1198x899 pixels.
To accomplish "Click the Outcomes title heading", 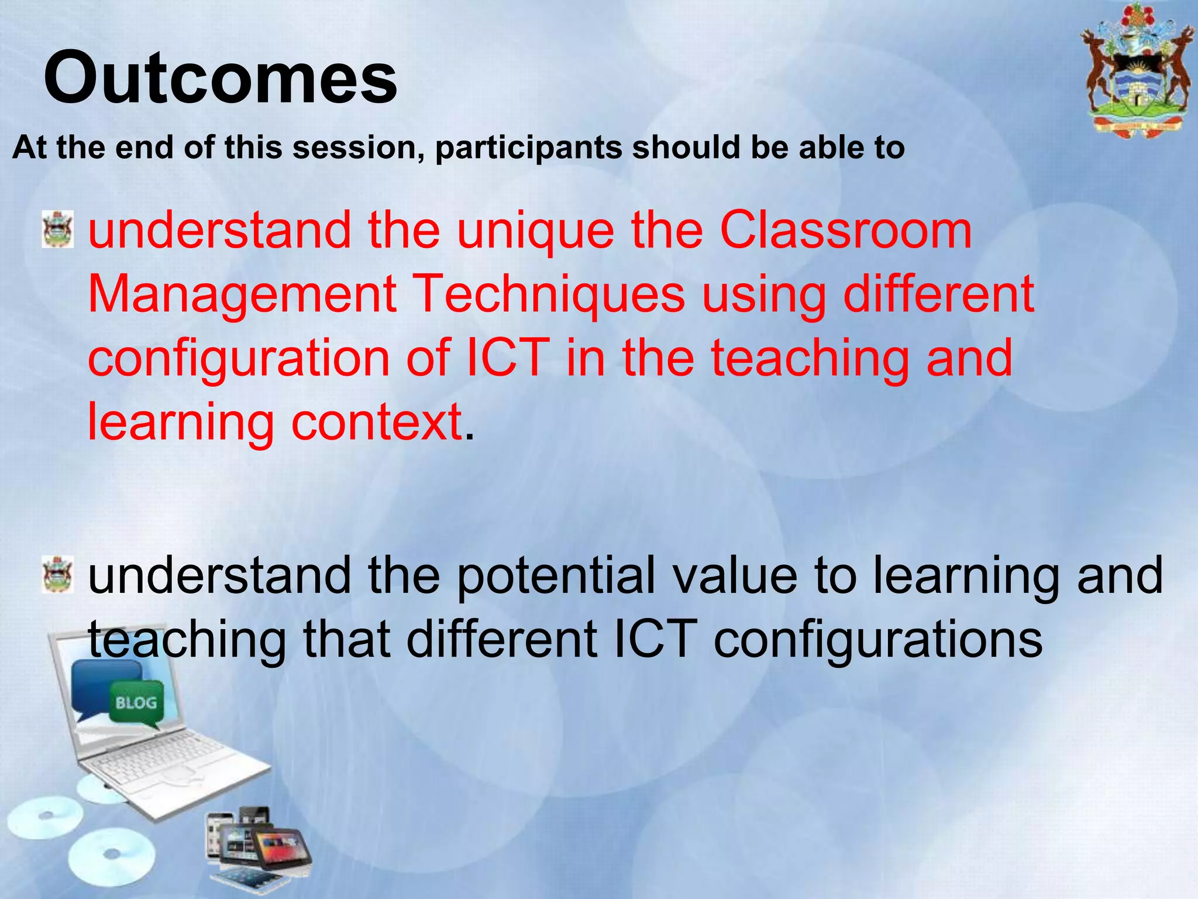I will [221, 78].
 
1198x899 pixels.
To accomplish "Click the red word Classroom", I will [845, 230].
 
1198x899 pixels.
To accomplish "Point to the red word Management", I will [242, 294].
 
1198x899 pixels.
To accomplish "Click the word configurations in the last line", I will [877, 640].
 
